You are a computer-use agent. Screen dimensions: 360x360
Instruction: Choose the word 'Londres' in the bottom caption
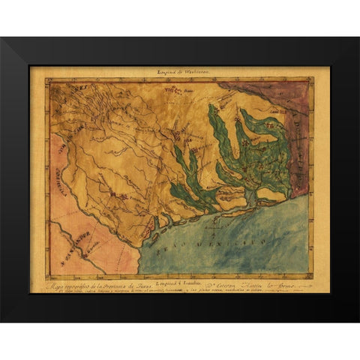(x=184, y=278)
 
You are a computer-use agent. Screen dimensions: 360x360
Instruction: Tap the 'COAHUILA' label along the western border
(x=58, y=169)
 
